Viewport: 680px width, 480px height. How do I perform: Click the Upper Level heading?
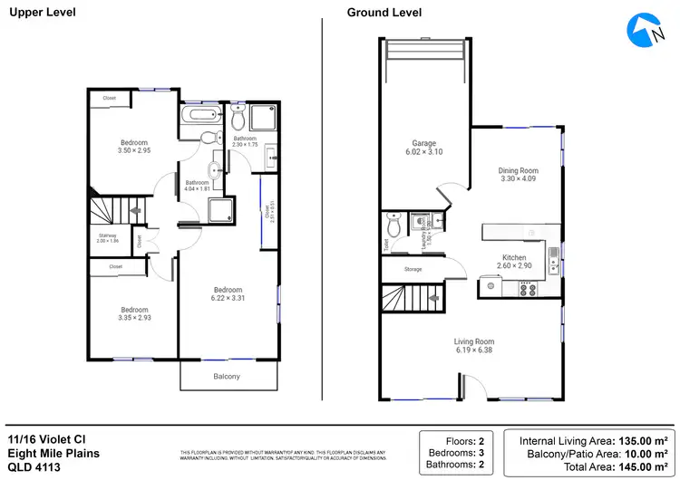43,13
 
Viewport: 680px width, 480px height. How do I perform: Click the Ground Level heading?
384,13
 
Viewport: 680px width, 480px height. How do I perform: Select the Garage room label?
424,143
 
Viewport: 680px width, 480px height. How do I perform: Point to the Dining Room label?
519,170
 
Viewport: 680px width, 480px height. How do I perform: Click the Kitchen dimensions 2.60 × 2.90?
513,267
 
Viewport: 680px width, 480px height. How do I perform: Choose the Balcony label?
227,375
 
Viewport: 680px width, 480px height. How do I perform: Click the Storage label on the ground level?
413,269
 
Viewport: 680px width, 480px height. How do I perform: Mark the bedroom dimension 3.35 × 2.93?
134,318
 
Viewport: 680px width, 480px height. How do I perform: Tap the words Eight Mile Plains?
53,453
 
